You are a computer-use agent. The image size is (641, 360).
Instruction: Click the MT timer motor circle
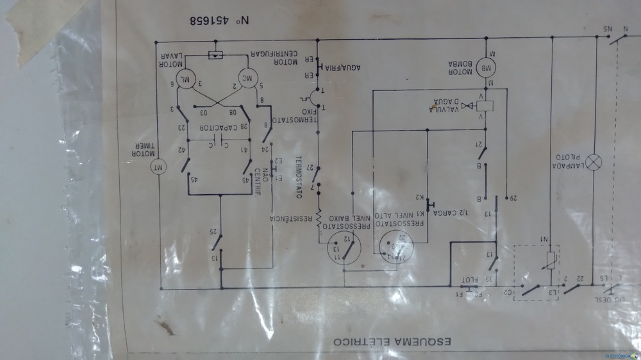[x=158, y=168]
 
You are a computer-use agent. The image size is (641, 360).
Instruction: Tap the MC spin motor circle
[x=248, y=79]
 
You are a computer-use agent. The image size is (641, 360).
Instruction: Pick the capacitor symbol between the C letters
[x=219, y=137]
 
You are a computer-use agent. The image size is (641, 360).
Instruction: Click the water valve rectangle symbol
[x=487, y=106]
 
